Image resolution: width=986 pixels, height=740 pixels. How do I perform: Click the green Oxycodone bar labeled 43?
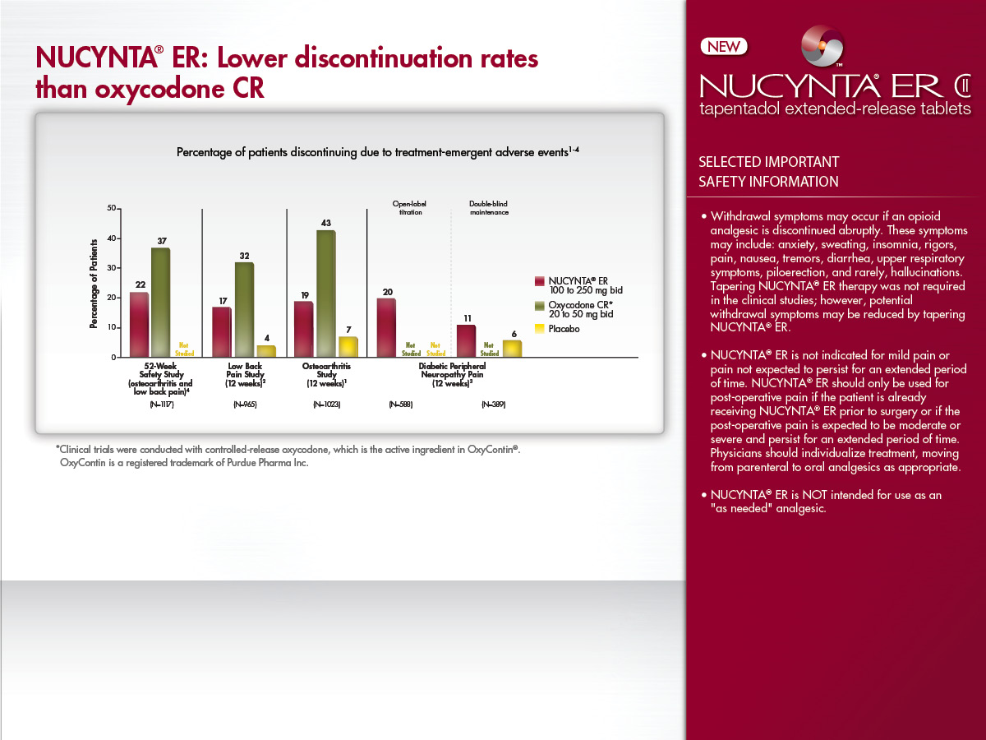(x=325, y=294)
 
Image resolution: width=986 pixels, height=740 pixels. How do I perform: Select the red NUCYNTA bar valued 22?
(x=140, y=325)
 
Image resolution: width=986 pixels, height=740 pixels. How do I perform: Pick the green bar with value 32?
(x=244, y=310)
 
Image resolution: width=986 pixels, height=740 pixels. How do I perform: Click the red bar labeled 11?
(x=466, y=341)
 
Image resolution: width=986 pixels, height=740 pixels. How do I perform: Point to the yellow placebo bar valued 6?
(x=512, y=349)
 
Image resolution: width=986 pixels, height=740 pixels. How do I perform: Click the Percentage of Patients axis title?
(x=94, y=284)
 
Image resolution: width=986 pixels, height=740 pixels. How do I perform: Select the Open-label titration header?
(x=408, y=207)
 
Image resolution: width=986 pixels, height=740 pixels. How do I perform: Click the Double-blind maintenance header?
(x=489, y=207)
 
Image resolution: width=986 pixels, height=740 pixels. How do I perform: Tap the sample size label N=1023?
(x=326, y=405)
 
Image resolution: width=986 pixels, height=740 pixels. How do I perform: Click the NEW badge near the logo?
(x=723, y=47)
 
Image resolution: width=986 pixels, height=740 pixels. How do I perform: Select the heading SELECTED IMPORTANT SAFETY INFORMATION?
(x=768, y=172)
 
